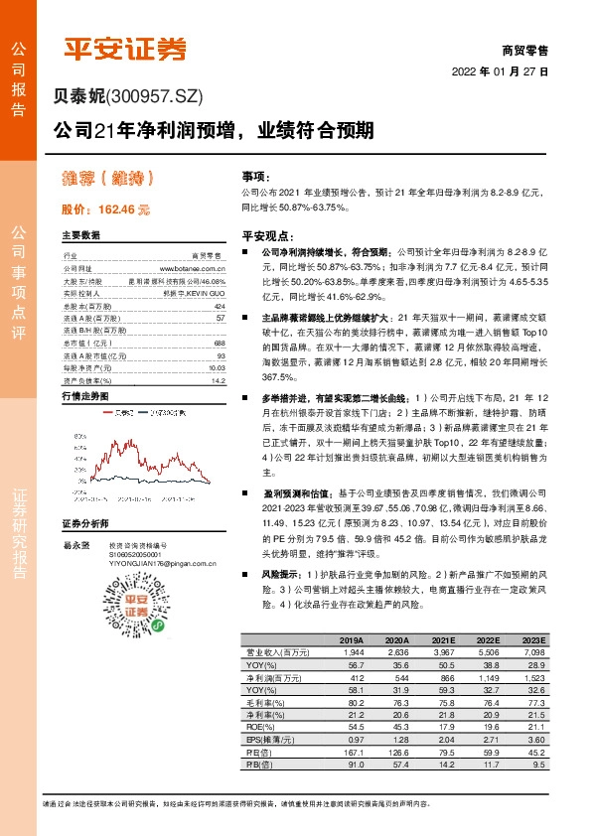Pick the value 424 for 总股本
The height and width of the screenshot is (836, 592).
[x=221, y=306]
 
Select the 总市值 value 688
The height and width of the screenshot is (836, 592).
[x=221, y=343]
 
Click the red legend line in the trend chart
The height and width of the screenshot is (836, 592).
[x=107, y=411]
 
